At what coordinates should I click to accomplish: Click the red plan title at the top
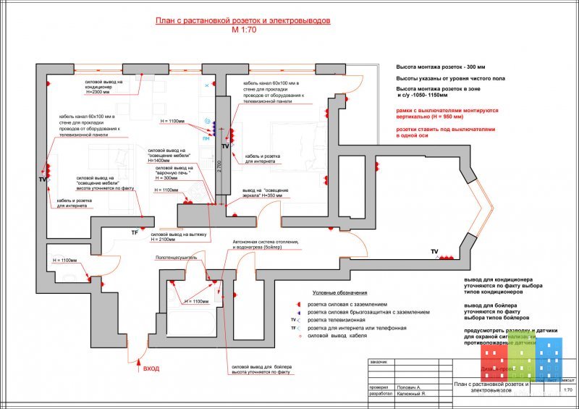(243, 22)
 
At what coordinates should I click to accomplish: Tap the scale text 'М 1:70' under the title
(243, 31)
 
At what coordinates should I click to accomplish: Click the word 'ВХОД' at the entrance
(151, 368)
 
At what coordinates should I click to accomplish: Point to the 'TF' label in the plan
(134, 232)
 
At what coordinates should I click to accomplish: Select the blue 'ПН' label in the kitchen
(206, 137)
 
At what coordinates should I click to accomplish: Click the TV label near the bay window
(434, 251)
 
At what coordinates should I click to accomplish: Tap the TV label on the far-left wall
(42, 178)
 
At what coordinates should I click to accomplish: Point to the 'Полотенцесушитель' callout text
(177, 257)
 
